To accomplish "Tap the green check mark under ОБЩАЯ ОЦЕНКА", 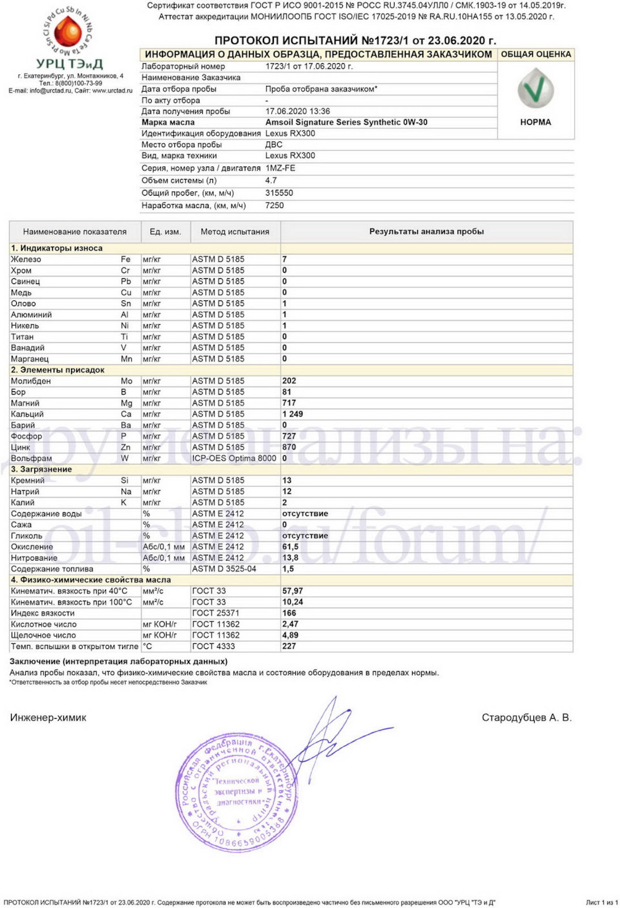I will (535, 89).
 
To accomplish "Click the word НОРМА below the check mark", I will (535, 122).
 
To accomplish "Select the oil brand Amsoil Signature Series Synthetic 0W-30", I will (346, 122).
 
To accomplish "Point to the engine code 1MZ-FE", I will (280, 168).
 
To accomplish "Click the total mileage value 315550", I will (279, 193).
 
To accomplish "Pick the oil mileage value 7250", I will (274, 205).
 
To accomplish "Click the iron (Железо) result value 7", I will (285, 260).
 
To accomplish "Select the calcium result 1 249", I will (293, 414).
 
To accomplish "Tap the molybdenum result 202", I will (289, 381).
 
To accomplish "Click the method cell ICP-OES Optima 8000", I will (234, 459).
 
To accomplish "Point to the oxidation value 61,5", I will (291, 547).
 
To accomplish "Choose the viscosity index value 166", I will (289, 613).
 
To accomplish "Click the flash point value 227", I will (289, 646).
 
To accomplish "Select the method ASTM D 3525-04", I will (224, 569).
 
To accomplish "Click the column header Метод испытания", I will (235, 232).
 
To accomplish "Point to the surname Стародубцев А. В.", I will (526, 717).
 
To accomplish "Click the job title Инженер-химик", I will (48, 717).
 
